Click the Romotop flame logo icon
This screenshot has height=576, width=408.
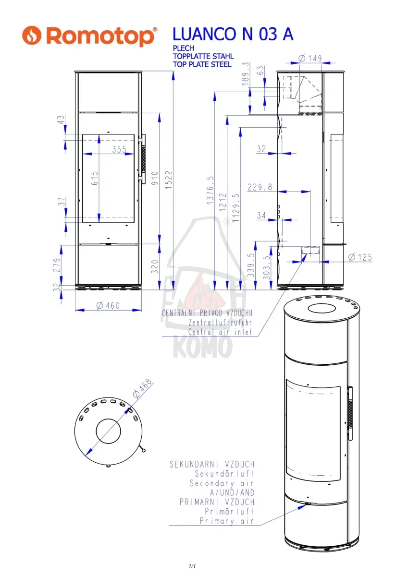coord(32,35)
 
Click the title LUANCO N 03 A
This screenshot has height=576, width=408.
coord(233,34)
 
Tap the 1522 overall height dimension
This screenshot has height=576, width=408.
coord(169,180)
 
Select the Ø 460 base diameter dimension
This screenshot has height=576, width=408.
coord(108,305)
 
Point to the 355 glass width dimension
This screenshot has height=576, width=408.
coord(119,149)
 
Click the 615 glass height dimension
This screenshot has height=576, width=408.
coord(95,178)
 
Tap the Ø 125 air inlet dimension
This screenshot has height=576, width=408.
coord(360,257)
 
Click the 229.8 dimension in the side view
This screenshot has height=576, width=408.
coord(260,187)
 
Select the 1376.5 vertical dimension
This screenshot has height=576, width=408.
coord(210,191)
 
